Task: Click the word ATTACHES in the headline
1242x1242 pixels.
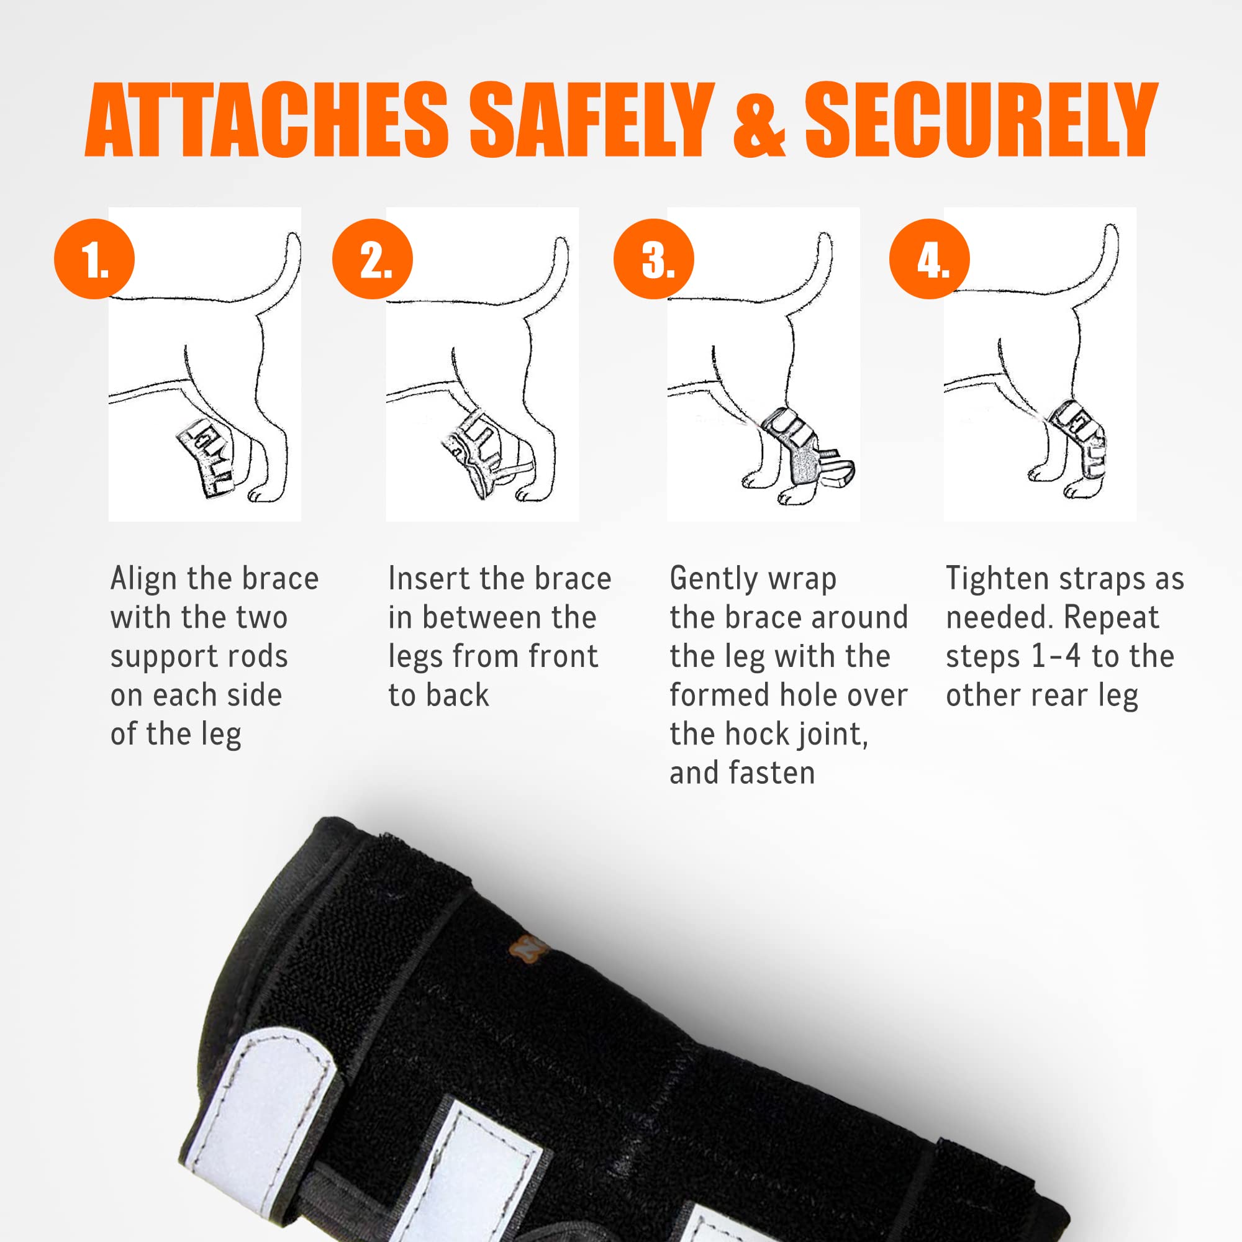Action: point(266,120)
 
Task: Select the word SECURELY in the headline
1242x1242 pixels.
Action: point(981,120)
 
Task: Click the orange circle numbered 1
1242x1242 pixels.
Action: point(94,259)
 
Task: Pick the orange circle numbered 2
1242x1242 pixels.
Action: point(372,259)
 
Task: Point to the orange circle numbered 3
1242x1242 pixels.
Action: point(654,259)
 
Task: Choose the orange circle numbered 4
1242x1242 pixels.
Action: point(930,259)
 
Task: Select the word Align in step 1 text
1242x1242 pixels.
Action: point(143,579)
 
